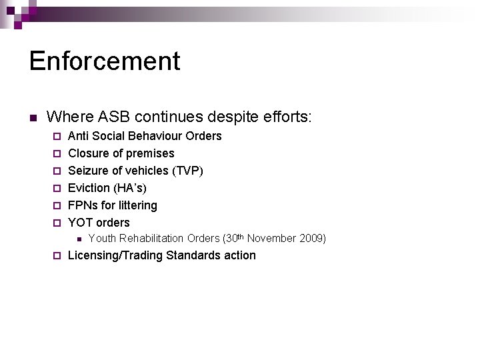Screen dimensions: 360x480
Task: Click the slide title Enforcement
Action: (x=105, y=61)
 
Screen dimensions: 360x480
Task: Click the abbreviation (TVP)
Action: (x=188, y=171)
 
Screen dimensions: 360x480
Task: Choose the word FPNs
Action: (x=83, y=205)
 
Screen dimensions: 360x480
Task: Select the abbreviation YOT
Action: (x=80, y=223)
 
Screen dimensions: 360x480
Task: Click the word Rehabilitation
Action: (x=151, y=239)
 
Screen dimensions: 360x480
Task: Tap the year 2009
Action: (x=313, y=239)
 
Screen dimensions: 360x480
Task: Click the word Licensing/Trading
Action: (x=115, y=255)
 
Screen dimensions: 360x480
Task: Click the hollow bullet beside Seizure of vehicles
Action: (x=57, y=171)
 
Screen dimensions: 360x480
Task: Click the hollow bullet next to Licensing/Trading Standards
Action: (x=57, y=256)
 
